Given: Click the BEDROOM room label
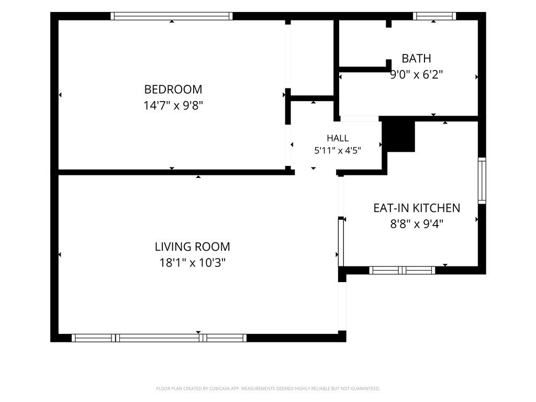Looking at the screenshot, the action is pos(173,89).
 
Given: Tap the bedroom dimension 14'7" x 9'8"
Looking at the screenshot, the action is pos(173,105).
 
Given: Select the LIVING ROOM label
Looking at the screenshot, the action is pos(193,247).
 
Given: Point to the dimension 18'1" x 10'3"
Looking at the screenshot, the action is pos(193,263).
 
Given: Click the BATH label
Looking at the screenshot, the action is pos(416,59).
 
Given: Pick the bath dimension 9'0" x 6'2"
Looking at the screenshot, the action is pos(416,74).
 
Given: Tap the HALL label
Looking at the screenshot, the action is pos(338,138).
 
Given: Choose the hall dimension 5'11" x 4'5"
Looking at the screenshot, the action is pos(338,150).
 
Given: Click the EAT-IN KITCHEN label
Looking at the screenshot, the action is pos(417,208).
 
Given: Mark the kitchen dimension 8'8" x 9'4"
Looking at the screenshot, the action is pos(417,224).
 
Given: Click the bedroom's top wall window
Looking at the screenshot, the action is pos(172,16).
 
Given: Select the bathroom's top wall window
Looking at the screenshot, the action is pos(434,16).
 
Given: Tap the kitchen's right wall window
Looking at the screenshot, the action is pos(482,181).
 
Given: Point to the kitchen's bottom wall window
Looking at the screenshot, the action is pos(402,271).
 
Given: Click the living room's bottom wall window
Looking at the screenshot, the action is pos(159,338).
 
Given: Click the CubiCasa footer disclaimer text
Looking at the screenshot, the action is pos(268,389).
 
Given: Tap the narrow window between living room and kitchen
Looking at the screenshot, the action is pos(341,242).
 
